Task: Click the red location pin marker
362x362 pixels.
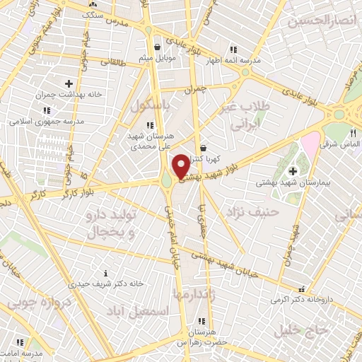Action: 181,166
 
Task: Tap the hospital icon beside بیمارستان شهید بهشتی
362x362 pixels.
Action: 293,170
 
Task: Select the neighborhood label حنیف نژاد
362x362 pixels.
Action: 252,211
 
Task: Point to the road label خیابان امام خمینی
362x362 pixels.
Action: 171,233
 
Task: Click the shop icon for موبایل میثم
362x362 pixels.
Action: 156,47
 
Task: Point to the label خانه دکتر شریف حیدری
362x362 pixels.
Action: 106,283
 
